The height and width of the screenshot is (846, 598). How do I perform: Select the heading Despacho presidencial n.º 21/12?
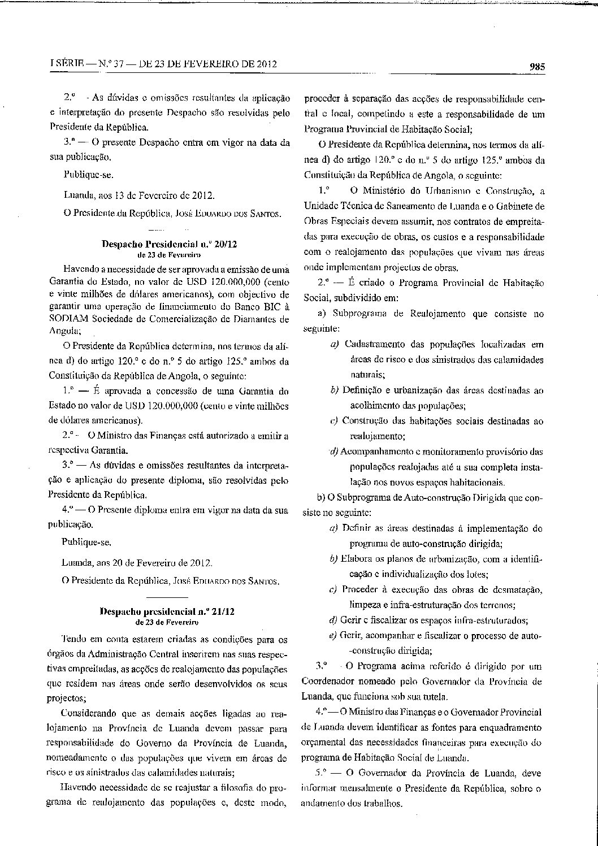click(x=167, y=611)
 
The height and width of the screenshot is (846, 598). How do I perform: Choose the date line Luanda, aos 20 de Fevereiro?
click(x=138, y=563)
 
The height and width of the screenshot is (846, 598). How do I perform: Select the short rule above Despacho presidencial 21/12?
click(x=167, y=597)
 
